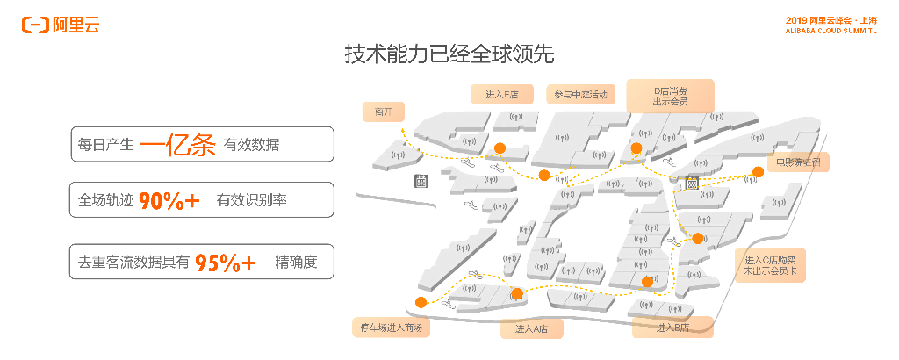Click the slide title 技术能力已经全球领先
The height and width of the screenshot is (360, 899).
[449, 54]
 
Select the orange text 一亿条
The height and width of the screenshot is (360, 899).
[178, 145]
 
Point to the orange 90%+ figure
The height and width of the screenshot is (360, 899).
[169, 200]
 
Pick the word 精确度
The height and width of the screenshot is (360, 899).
[295, 262]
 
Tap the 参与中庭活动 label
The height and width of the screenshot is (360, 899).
[580, 94]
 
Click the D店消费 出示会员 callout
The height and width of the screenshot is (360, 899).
[670, 96]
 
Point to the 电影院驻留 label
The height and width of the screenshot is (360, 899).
[797, 162]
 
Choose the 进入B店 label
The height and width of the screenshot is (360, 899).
[672, 328]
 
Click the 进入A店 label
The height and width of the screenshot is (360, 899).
[531, 329]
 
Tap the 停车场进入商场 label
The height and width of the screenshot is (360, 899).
[392, 328]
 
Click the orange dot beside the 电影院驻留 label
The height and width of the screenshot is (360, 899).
[759, 172]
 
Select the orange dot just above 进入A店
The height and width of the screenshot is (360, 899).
[517, 294]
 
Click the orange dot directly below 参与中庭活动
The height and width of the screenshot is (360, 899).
[544, 176]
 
